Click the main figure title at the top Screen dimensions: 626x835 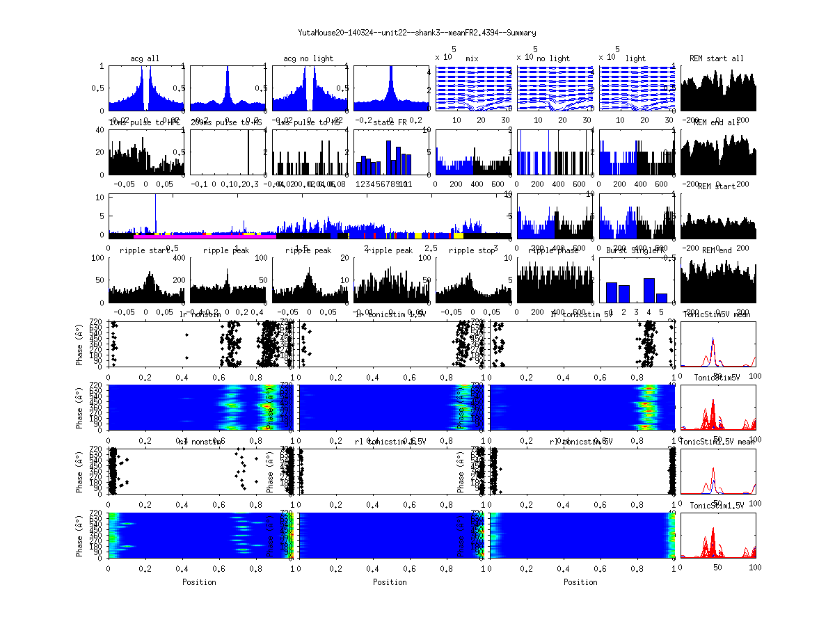point(417,33)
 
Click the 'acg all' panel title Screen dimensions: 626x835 point(145,58)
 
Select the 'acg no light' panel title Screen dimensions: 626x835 point(308,58)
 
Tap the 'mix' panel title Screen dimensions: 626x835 point(472,58)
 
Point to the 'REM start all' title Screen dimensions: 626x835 point(717,58)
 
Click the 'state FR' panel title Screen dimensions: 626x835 point(392,122)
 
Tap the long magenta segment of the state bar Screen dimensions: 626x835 point(202,236)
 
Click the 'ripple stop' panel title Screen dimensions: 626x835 point(471,250)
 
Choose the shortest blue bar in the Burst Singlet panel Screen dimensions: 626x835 point(661,298)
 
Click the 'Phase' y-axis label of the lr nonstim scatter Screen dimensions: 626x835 point(80,343)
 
